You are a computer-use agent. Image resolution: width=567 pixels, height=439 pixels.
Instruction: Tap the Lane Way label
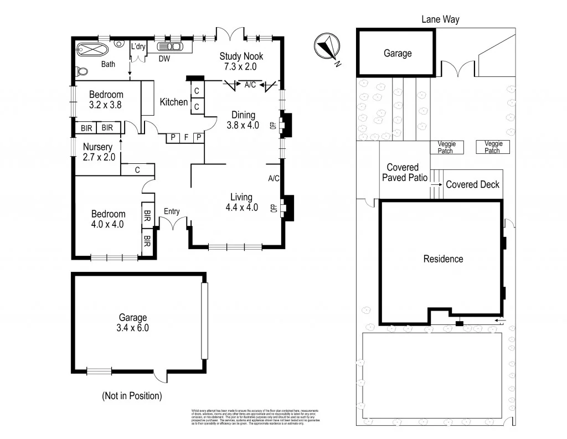tap(440, 19)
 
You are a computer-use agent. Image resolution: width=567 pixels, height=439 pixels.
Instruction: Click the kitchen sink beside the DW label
tap(172, 47)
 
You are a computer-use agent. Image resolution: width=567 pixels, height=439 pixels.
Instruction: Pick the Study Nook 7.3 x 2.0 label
tap(241, 61)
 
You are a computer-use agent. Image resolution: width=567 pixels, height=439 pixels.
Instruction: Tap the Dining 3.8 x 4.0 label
tap(243, 120)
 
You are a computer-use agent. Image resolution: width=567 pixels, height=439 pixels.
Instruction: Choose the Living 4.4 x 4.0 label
tap(242, 202)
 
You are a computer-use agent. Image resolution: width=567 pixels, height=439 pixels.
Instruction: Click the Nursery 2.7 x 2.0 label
tap(98, 152)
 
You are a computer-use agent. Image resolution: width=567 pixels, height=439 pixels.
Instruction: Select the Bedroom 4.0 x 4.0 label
tap(108, 219)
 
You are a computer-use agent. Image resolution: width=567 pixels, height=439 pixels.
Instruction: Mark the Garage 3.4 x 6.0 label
tap(133, 322)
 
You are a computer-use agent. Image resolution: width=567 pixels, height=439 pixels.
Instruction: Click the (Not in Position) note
tap(132, 396)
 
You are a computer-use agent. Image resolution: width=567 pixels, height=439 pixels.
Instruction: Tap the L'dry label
tap(137, 47)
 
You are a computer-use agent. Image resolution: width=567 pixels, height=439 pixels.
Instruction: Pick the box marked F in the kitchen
tap(186, 137)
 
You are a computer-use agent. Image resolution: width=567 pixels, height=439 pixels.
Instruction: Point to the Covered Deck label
tap(472, 184)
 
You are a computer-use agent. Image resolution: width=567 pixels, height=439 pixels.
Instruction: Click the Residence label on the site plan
tap(443, 259)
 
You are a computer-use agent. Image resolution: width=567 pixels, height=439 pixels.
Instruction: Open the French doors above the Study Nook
tap(229, 33)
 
